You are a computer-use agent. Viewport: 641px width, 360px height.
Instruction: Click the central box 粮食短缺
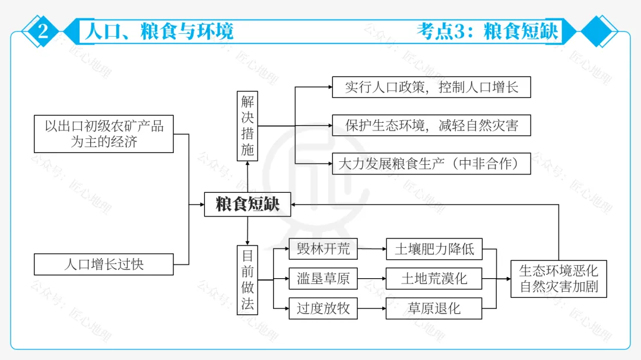(x=247, y=204)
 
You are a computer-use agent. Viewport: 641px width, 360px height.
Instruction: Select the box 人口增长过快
(x=104, y=264)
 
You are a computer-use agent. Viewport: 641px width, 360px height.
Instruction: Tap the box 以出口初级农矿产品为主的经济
(x=104, y=134)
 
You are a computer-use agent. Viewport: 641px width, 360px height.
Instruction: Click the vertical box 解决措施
(x=247, y=126)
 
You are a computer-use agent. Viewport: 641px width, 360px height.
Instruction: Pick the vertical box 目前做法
(x=247, y=280)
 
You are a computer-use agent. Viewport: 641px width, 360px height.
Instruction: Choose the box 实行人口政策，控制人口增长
(x=431, y=87)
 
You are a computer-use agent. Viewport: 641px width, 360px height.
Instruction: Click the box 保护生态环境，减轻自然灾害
(x=431, y=126)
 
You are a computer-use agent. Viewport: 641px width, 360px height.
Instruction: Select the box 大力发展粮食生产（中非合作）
(x=431, y=164)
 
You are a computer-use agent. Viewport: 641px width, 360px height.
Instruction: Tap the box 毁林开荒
(x=323, y=249)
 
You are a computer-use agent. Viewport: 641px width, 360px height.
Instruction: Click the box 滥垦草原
(x=323, y=279)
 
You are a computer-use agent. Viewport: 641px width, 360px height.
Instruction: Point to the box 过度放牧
(x=323, y=308)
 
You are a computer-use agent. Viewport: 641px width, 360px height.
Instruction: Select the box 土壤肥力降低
(x=434, y=249)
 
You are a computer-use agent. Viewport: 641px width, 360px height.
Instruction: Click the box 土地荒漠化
(x=434, y=279)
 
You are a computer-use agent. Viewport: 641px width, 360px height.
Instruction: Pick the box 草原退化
(x=434, y=308)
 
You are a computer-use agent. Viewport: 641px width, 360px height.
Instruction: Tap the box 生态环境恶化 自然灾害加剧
(x=559, y=279)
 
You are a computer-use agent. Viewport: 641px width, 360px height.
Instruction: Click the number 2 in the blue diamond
(x=43, y=31)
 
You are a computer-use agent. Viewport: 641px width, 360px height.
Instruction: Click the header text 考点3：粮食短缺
(x=487, y=31)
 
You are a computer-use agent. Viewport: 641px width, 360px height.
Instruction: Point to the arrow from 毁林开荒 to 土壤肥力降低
(x=372, y=249)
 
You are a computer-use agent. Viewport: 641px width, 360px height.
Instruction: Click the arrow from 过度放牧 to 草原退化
(x=372, y=308)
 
